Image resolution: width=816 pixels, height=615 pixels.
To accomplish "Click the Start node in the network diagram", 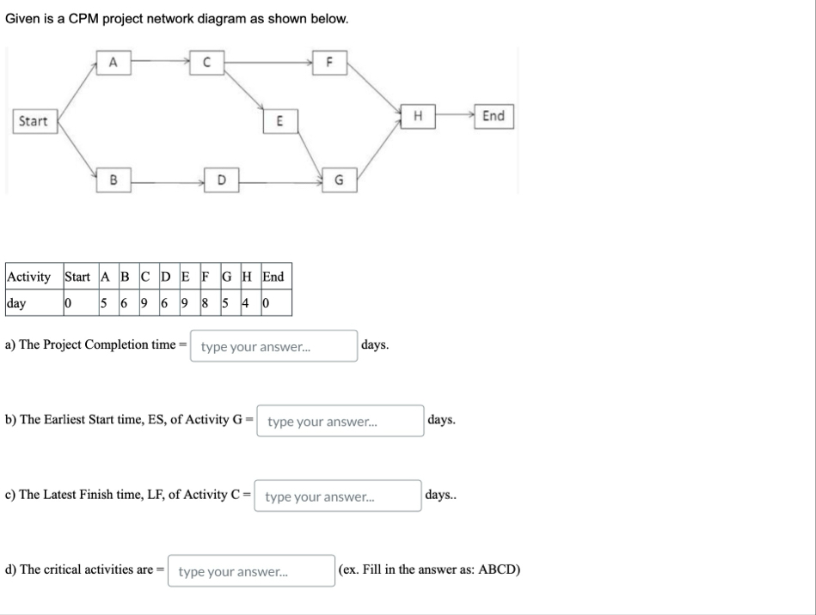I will point(34,121).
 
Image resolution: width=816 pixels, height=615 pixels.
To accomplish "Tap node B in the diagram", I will point(113,180).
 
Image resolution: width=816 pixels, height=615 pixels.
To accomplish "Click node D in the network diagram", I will point(221,180).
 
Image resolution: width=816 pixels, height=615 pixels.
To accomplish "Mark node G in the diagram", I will point(339,180).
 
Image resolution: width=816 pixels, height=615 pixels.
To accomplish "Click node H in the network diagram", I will point(418,116).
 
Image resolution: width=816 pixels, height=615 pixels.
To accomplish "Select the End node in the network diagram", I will point(494,116).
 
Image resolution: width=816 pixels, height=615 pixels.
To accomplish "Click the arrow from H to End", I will point(454,116).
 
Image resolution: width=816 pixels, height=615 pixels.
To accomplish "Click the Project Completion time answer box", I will point(273,347).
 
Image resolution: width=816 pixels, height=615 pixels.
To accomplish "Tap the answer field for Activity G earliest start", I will point(341,422).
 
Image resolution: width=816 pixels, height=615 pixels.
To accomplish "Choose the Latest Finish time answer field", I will point(338,496).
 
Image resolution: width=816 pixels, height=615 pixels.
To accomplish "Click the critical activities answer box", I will point(251,571).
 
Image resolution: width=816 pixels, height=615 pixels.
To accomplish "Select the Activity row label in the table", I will point(28,277).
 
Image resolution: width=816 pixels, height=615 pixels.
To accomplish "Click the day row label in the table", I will point(15,303).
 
